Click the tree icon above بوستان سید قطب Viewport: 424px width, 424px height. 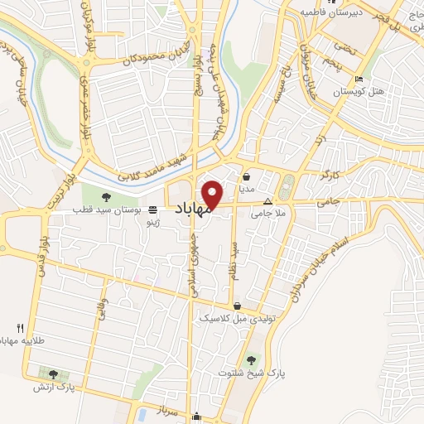click(x=105, y=196)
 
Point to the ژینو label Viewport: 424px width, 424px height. click(x=152, y=224)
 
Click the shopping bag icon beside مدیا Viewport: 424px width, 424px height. click(x=247, y=176)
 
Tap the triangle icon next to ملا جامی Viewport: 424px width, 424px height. click(x=267, y=201)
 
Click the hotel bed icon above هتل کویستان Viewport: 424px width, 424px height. click(x=358, y=79)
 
